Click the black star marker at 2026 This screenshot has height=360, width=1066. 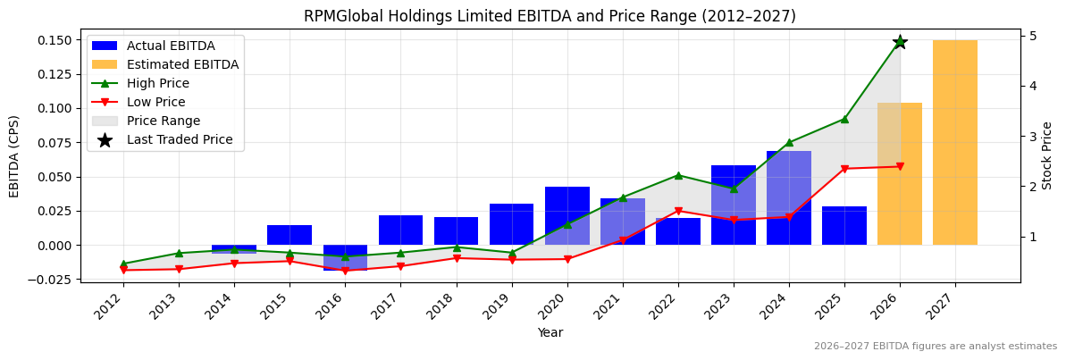tap(900, 42)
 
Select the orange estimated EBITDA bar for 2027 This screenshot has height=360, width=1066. tap(955, 143)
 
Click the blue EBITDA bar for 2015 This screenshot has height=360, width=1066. tap(290, 235)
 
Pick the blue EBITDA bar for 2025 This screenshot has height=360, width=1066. tap(844, 226)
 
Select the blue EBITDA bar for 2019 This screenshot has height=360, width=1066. tap(511, 224)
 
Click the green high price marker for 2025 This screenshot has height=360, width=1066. tap(844, 119)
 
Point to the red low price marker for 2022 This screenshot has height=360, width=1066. tap(678, 211)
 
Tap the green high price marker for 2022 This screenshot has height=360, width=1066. tap(678, 175)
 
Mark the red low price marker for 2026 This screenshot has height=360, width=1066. tap(900, 166)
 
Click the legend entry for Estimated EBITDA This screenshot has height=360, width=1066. tap(182, 64)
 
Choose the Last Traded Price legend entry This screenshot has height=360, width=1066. tap(179, 139)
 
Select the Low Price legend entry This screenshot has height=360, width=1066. tap(155, 102)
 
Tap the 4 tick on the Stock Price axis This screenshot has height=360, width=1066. tap(1033, 86)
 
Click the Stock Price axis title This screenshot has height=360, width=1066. tap(1047, 155)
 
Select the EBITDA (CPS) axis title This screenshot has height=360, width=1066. tap(14, 155)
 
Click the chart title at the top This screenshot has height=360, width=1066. tap(550, 16)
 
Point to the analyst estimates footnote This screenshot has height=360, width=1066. tap(935, 347)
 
